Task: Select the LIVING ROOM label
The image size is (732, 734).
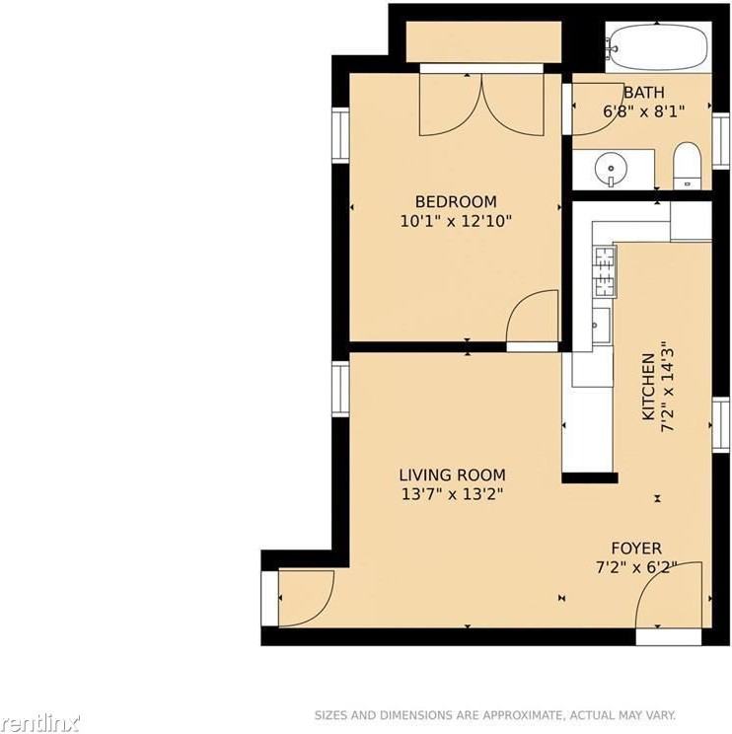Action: pyautogui.click(x=452, y=475)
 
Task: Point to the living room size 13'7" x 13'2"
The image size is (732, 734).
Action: pyautogui.click(x=452, y=494)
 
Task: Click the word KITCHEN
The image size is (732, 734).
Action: pyautogui.click(x=648, y=387)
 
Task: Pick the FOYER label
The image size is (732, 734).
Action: pyautogui.click(x=636, y=549)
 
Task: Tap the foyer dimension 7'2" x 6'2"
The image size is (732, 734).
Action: pyautogui.click(x=636, y=567)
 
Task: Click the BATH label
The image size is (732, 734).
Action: pyautogui.click(x=643, y=93)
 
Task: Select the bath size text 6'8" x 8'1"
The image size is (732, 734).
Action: pyautogui.click(x=643, y=111)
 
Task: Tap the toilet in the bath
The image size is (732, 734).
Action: pyautogui.click(x=686, y=166)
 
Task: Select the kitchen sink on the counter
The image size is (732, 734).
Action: pyautogui.click(x=599, y=322)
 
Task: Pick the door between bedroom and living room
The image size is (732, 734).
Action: pyautogui.click(x=533, y=321)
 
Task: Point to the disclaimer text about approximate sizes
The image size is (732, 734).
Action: pyautogui.click(x=494, y=715)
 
